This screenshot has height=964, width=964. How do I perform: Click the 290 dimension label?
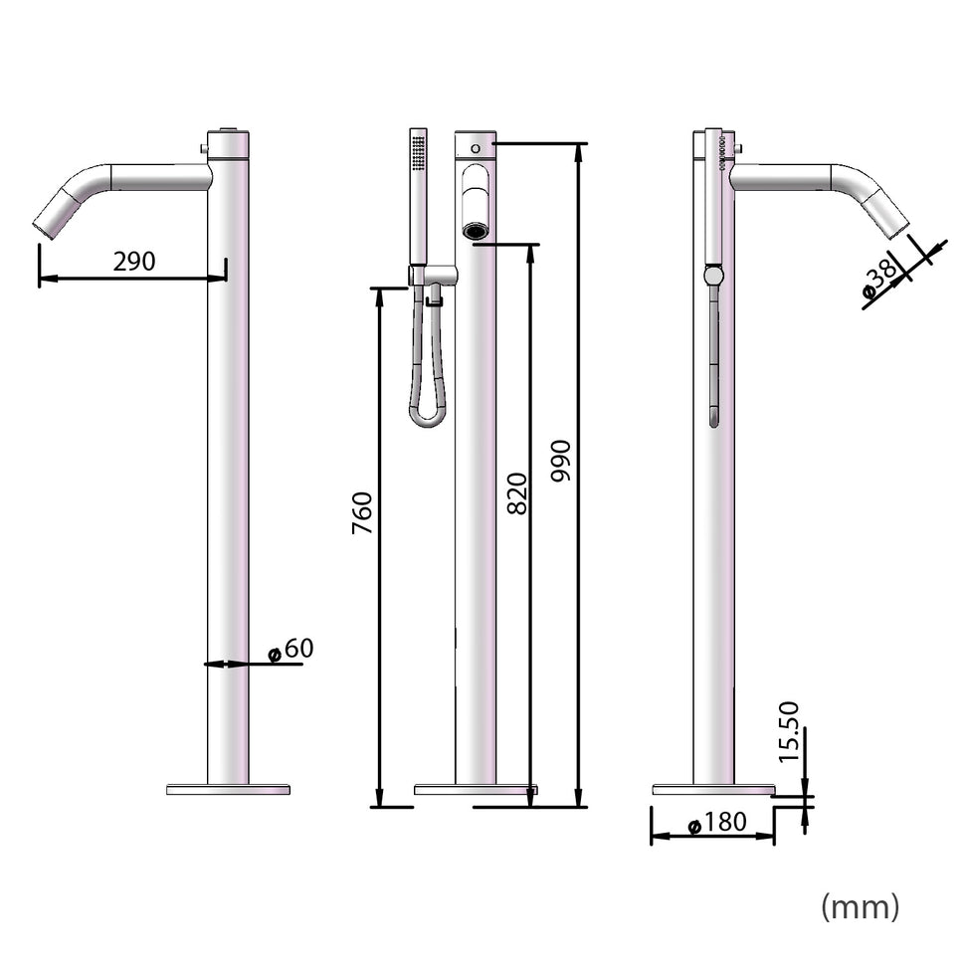134,262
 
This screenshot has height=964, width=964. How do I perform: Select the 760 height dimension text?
362,513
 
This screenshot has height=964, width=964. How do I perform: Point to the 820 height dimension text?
517,493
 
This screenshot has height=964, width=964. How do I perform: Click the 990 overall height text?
562,461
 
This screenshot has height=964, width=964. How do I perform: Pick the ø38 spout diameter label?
880,278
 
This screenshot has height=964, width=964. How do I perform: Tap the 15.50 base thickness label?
789,731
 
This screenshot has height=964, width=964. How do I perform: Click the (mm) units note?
860,905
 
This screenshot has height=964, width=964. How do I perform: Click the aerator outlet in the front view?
476,232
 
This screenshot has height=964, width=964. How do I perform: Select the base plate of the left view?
228,790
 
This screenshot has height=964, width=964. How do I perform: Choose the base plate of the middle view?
476,790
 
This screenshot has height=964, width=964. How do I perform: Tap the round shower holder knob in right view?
712,275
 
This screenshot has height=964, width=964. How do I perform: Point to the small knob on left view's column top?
204,149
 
